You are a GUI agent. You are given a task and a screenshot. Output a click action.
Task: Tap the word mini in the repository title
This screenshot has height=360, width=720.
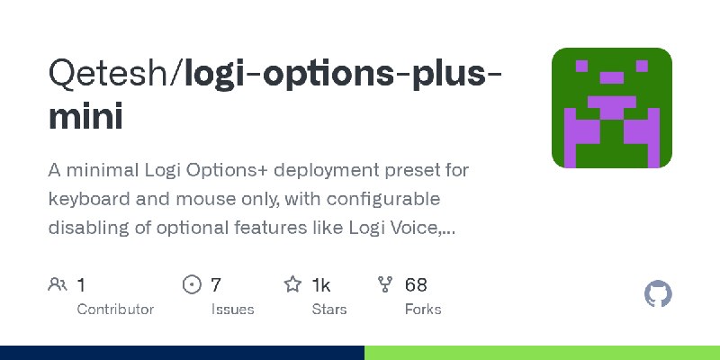[x=85, y=117]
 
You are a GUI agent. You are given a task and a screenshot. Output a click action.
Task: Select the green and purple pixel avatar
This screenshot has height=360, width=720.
[x=612, y=108]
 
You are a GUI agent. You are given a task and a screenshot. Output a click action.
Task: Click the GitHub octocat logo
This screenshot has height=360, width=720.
[x=659, y=294]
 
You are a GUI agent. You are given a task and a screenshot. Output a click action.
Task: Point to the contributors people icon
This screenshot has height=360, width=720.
[x=57, y=285]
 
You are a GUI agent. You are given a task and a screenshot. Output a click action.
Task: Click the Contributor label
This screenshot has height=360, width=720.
[x=115, y=309]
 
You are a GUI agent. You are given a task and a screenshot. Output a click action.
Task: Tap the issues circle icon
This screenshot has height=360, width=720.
[x=192, y=285]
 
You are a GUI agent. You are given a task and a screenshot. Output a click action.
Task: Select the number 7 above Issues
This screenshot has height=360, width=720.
[x=216, y=285]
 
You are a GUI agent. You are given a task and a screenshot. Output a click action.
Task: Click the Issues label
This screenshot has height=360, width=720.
[x=232, y=309]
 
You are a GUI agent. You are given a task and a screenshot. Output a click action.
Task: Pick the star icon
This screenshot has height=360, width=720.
[x=292, y=285]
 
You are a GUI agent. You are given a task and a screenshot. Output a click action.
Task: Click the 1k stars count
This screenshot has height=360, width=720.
[x=321, y=285]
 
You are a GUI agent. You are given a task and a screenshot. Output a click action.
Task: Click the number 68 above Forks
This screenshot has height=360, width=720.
[x=416, y=285]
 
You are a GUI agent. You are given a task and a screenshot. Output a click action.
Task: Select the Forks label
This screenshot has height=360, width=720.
[x=423, y=309]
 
